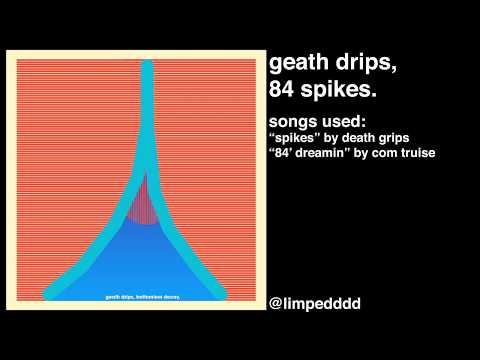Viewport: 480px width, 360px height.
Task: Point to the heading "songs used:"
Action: coord(315,120)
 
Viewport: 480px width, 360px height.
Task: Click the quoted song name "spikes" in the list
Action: coord(295,137)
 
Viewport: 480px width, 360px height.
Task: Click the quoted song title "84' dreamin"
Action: coord(314,152)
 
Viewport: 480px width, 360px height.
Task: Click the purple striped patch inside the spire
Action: coord(147,200)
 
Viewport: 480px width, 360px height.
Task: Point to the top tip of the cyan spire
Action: coord(147,65)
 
